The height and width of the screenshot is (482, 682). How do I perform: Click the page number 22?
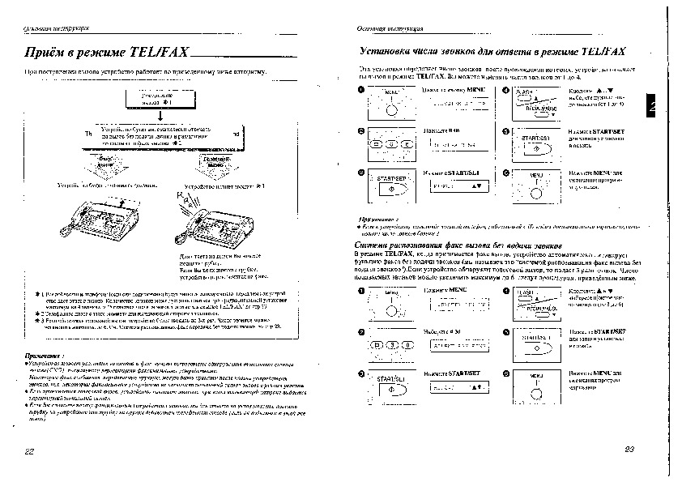30,450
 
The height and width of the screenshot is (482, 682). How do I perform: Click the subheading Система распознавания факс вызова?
458,245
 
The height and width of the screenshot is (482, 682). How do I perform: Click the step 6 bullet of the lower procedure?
504,373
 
